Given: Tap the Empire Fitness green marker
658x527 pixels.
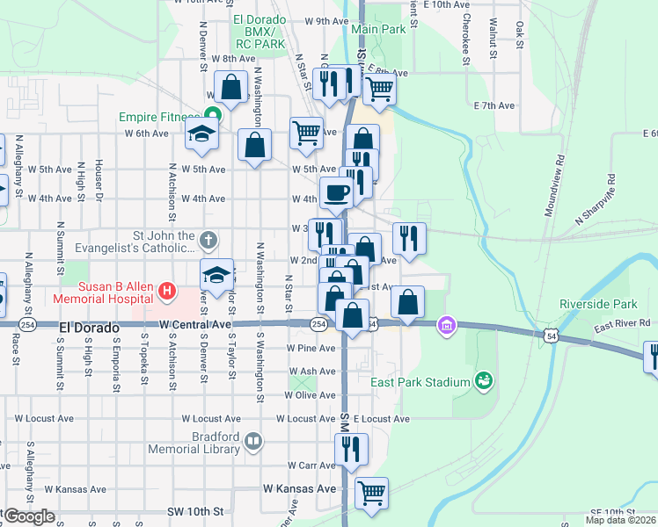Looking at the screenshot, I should [211, 113].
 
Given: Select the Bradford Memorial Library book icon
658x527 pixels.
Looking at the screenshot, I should [253, 441].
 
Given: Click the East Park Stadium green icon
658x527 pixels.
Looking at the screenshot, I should [482, 381].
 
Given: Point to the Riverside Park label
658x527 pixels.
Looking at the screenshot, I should [597, 304].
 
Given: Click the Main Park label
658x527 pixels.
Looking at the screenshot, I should [378, 29].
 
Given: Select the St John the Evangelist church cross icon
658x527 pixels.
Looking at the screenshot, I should [208, 239].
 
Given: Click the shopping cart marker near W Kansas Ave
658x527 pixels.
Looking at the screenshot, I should [371, 492].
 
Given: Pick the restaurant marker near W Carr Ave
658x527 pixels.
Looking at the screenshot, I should [351, 448].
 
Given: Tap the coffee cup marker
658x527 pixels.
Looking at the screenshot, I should [334, 192].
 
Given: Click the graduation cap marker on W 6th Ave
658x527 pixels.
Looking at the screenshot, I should [201, 134].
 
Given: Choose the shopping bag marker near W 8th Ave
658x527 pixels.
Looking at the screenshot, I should [231, 88].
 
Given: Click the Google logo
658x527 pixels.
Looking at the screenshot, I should [28, 516].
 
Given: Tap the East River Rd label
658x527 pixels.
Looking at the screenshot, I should [621, 324].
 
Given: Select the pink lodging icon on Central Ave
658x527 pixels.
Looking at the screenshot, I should [447, 327].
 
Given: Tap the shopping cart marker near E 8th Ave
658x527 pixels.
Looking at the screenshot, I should [379, 87].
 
